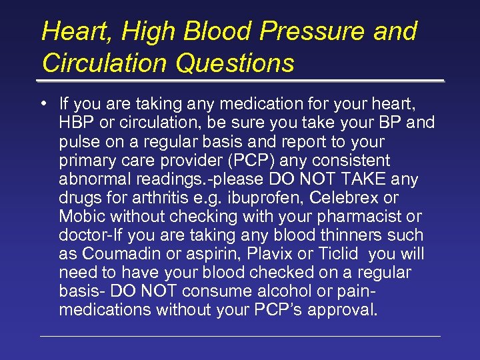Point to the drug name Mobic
[81, 217]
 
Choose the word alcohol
[254, 291]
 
